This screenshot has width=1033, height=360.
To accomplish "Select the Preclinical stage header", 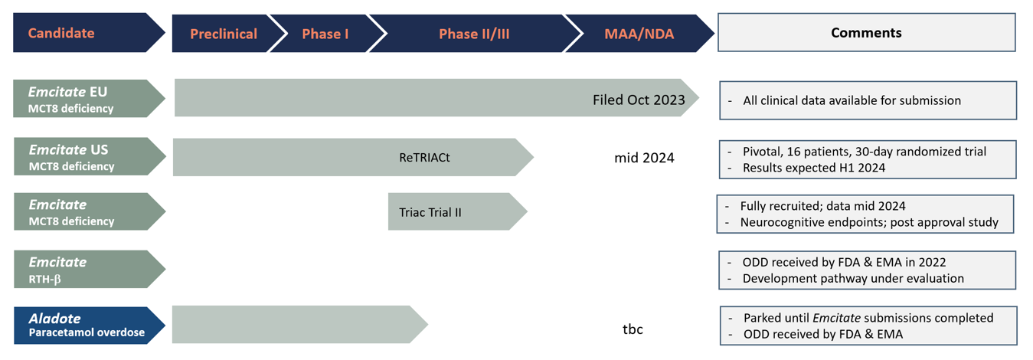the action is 224,34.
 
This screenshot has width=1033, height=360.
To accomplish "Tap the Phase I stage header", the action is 325,34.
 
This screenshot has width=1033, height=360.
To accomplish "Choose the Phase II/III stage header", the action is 474,34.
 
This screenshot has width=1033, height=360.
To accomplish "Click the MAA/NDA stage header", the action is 639,34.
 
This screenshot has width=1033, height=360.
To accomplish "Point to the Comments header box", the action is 867,32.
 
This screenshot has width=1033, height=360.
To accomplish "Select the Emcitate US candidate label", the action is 90,156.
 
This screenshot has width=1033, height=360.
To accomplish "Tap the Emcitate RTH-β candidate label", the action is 90,269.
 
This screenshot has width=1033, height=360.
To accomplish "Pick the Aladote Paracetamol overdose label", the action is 90,326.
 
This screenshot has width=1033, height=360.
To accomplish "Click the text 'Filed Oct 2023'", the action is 639,100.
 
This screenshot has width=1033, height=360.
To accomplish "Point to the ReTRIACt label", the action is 424,157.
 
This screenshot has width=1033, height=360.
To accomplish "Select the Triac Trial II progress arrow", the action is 457,211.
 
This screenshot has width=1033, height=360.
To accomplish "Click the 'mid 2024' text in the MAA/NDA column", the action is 644,158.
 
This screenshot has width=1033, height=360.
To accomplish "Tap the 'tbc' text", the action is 633,329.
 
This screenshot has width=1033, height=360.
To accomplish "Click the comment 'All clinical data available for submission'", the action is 852,100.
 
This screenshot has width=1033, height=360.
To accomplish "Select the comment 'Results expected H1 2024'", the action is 814,168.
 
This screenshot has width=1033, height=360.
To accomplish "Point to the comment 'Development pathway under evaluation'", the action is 853,278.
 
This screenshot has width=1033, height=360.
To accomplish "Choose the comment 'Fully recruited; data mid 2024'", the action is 822,206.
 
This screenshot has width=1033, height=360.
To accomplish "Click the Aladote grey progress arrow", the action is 299,325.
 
